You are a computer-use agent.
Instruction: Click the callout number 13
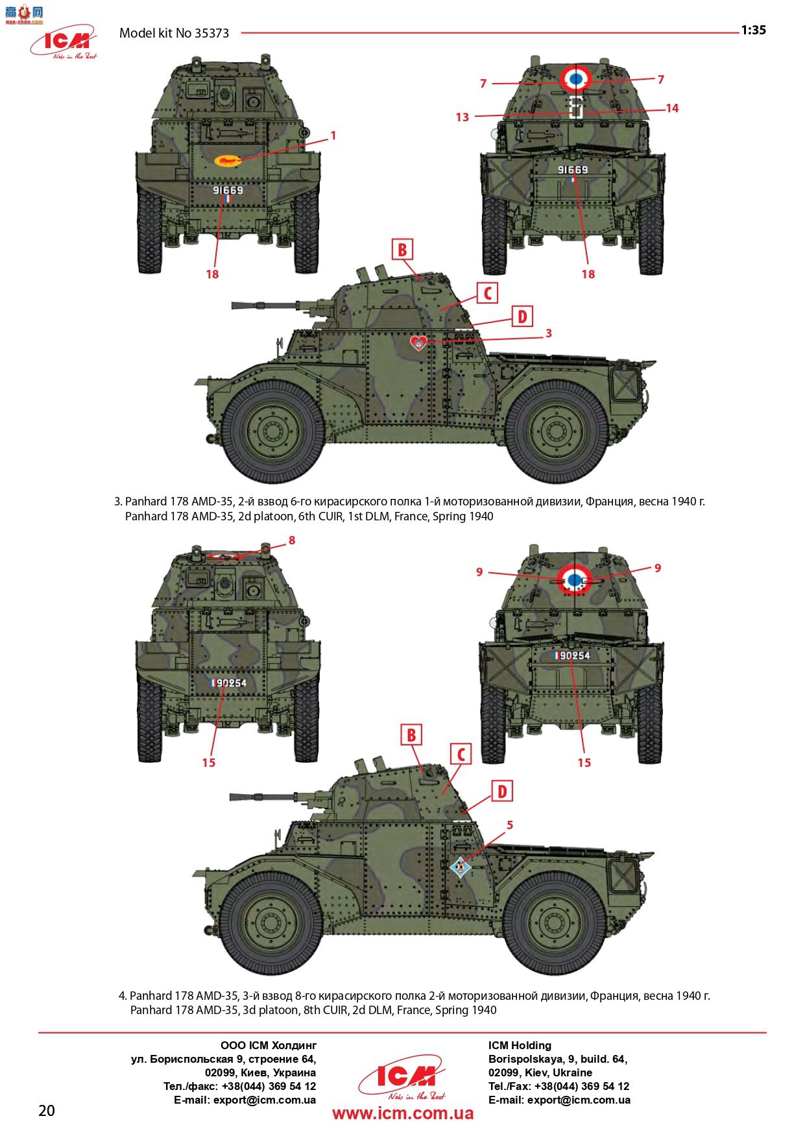462,117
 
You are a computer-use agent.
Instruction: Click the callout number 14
672,108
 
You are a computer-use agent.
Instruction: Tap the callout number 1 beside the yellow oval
333,136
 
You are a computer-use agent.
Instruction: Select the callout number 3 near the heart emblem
548,333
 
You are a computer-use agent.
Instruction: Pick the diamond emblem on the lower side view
460,866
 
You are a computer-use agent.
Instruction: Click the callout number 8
292,540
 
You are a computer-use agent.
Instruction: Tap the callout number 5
510,825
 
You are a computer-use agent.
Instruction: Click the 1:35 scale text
754,30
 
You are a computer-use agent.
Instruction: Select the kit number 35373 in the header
211,33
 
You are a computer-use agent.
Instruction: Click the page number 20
47,1110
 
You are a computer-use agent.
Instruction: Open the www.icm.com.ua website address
403,1113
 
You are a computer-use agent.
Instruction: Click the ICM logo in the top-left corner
63,42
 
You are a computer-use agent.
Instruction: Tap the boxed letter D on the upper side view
522,317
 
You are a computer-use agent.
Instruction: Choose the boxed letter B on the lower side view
411,735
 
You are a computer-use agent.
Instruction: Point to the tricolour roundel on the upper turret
575,79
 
